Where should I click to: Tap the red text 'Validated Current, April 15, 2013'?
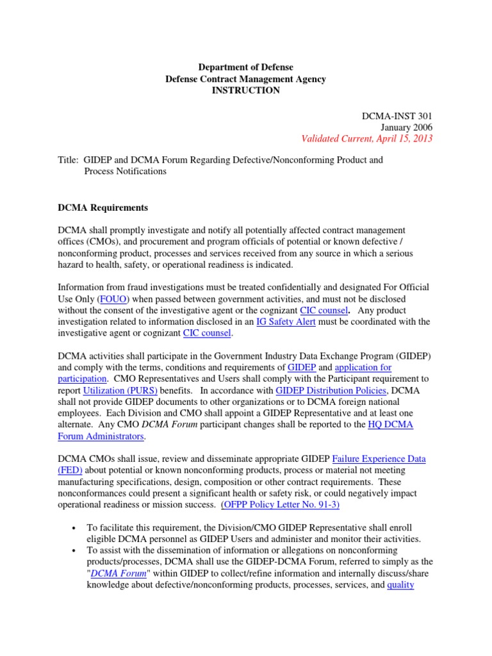tap(366, 138)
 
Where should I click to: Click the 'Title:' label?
tap(69, 160)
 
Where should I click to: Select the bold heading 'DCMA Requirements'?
tap(102, 208)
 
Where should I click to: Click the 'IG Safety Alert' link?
tap(286, 322)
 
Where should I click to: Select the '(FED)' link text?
tap(70, 470)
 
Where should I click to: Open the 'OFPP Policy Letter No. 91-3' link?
tap(280, 505)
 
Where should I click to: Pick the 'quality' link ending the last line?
tap(401, 585)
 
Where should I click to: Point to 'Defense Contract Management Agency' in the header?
tap(245, 79)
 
